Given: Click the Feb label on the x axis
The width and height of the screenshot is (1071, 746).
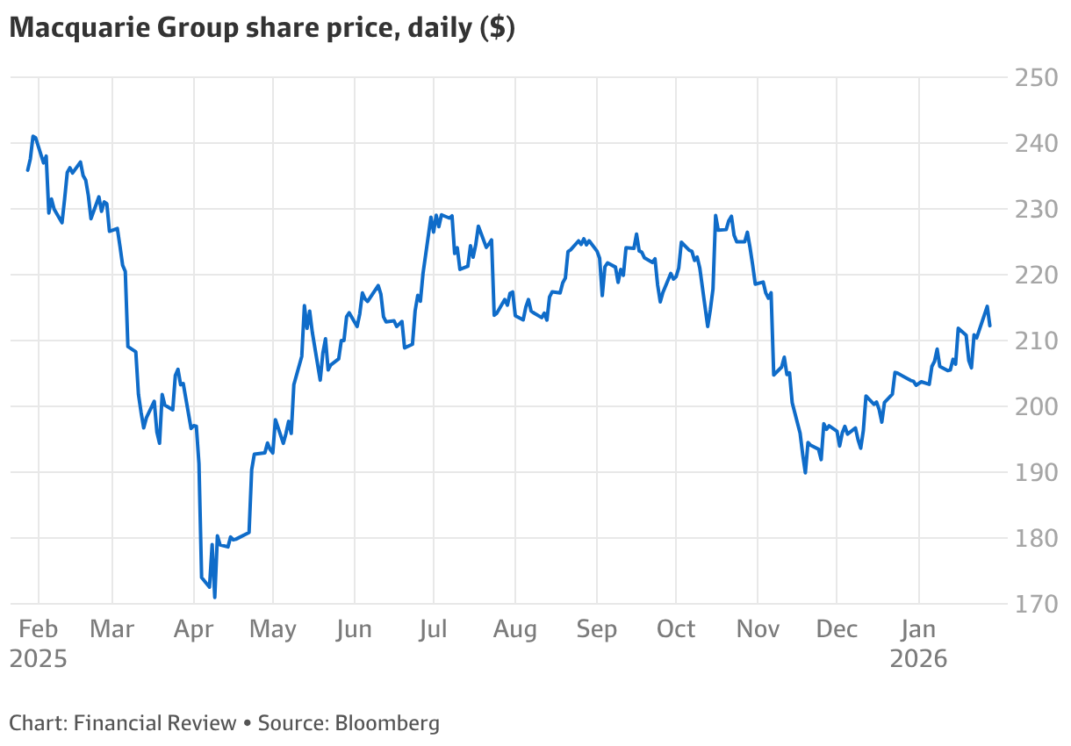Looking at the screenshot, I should tap(38, 629).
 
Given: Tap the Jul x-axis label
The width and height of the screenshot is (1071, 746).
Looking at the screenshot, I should tap(434, 629).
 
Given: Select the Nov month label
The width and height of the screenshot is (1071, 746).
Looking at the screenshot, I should tap(757, 629).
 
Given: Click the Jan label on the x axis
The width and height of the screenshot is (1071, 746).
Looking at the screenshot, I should tap(918, 629).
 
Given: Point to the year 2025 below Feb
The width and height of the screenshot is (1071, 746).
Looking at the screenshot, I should tap(38, 658).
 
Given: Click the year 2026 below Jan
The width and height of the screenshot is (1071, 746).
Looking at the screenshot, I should tap(918, 658).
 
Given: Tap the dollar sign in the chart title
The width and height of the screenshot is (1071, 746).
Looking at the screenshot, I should tap(497, 28).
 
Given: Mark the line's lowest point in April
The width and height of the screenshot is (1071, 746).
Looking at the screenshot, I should tap(214, 597).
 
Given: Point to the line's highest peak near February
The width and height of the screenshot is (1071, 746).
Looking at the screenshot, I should tap(33, 136).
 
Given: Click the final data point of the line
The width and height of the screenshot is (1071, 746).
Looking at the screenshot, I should tap(990, 326).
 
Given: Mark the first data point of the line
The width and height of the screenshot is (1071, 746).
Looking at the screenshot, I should tap(27, 170).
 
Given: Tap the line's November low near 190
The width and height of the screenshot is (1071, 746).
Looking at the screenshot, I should tap(805, 473).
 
